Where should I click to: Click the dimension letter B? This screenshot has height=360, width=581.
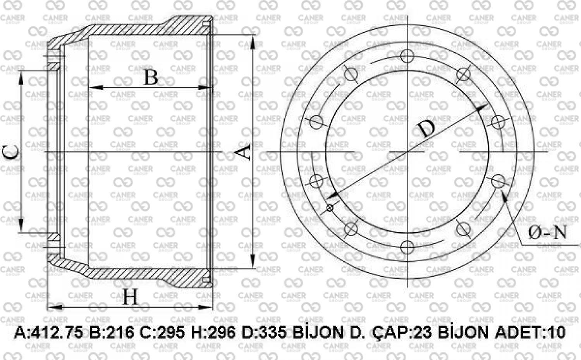[151, 77]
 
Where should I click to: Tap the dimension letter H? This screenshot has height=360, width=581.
[130, 297]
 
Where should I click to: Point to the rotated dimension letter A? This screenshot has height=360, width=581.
[243, 152]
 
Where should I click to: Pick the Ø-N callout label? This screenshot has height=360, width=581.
[547, 233]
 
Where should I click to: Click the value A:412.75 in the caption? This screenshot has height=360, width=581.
[48, 333]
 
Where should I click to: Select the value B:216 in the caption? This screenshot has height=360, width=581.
[112, 333]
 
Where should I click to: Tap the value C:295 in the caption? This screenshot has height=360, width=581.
[162, 333]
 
